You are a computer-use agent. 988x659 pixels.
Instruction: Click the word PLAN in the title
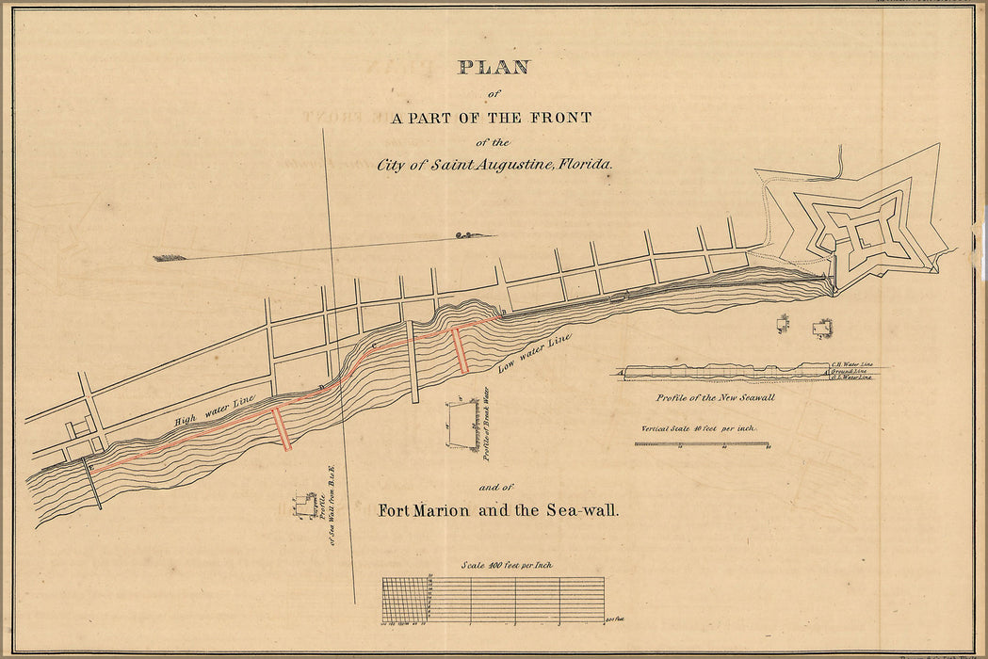494,68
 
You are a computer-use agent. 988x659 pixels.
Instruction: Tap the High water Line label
215,410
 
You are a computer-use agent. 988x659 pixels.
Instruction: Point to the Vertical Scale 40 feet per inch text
699,428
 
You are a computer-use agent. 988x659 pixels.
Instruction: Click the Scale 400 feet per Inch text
506,565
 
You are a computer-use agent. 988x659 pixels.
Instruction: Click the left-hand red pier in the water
282,427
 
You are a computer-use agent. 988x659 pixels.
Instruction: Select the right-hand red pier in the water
460,350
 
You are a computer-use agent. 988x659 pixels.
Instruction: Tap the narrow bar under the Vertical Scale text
703,442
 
